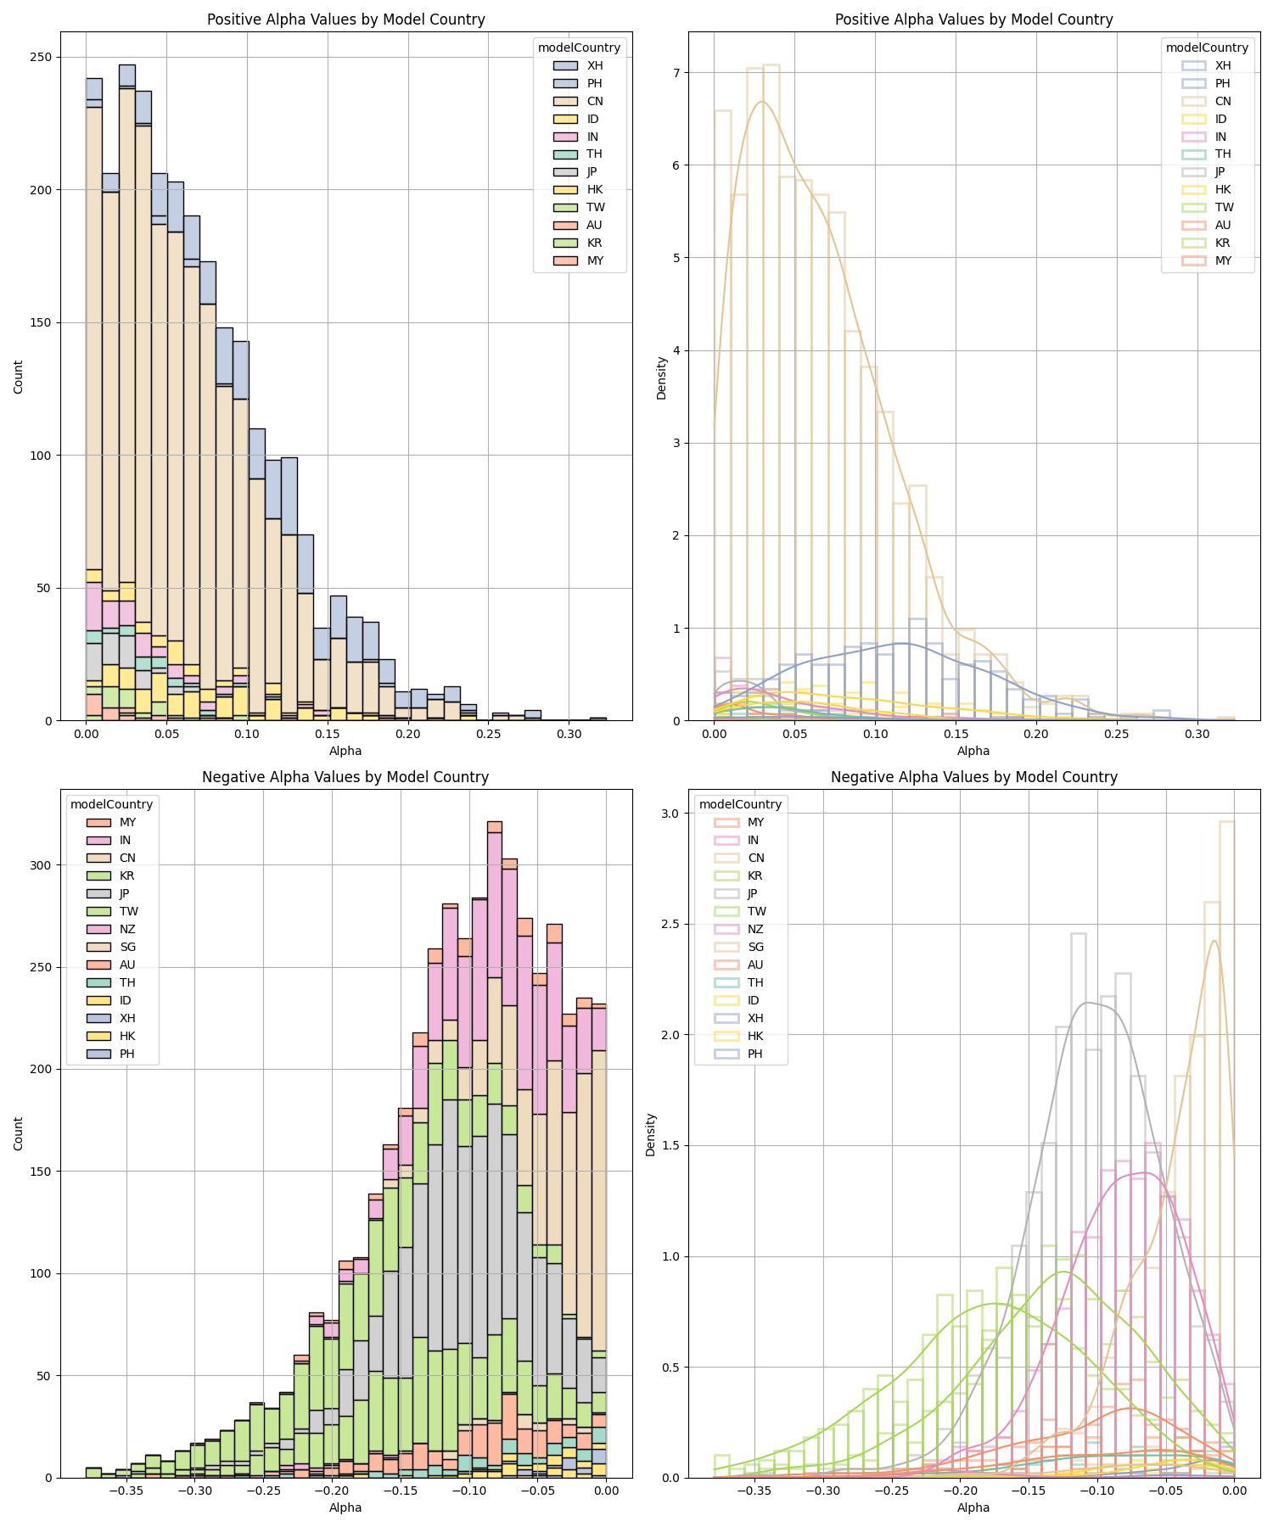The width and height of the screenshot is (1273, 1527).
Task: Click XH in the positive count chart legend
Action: (595, 65)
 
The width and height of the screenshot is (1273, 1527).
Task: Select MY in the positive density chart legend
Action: (1223, 260)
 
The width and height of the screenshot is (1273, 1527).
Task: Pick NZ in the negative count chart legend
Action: (127, 929)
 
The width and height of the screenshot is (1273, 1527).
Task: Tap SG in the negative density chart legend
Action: (755, 947)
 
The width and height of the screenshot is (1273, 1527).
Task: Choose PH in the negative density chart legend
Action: (755, 1054)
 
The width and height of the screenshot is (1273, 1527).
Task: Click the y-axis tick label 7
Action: (676, 72)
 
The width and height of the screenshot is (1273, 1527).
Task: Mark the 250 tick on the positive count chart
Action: (41, 57)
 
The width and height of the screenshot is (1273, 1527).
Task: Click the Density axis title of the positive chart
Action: (662, 378)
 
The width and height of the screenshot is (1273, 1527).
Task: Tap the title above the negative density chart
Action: (973, 776)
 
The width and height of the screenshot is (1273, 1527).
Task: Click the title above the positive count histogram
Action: (345, 20)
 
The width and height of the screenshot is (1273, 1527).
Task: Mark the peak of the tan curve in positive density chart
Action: (761, 102)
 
